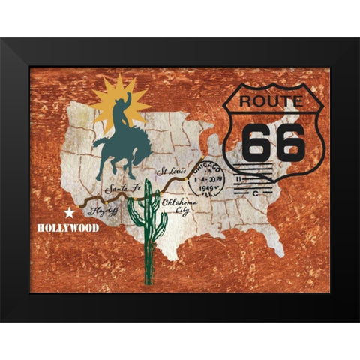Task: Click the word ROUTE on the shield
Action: (265, 100)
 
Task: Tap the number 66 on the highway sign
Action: (265, 139)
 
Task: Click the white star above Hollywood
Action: (69, 212)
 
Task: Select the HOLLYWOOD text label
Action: (68, 226)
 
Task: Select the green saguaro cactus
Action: (151, 225)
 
